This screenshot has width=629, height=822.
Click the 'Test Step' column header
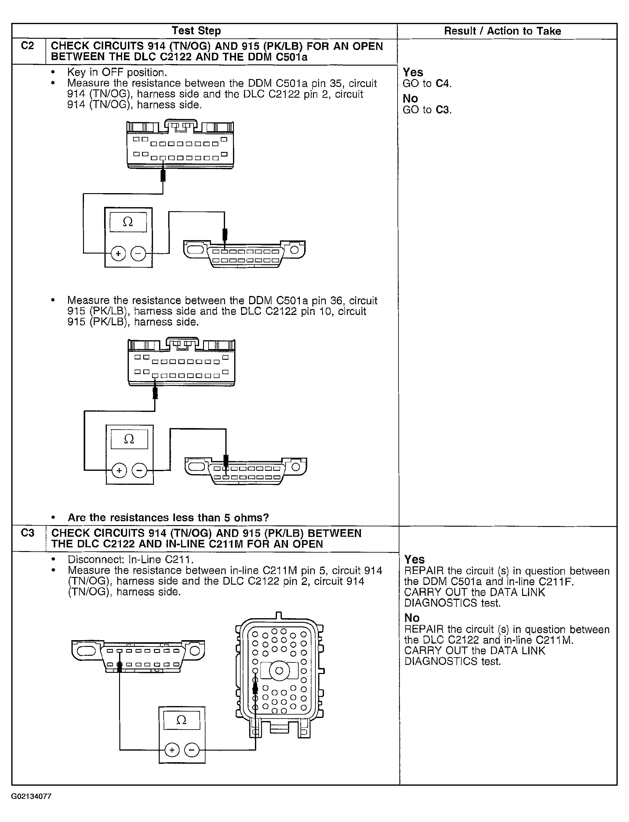196,31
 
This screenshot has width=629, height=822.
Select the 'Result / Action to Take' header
503,31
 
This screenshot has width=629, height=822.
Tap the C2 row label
28,46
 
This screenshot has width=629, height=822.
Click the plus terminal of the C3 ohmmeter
172,749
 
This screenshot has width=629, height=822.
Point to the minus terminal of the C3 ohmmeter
192,749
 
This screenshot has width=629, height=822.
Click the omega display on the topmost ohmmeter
128,222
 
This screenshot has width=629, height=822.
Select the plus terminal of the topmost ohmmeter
118,254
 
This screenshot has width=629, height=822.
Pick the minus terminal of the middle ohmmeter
140,470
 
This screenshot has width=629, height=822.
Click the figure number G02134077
31,796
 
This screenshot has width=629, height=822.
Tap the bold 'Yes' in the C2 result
413,72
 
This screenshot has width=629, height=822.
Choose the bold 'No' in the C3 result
412,618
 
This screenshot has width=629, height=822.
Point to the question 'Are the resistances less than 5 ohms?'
168,517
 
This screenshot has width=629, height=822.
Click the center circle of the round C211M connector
279,670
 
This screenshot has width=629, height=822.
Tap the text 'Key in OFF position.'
117,72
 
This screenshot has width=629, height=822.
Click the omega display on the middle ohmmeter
129,439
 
